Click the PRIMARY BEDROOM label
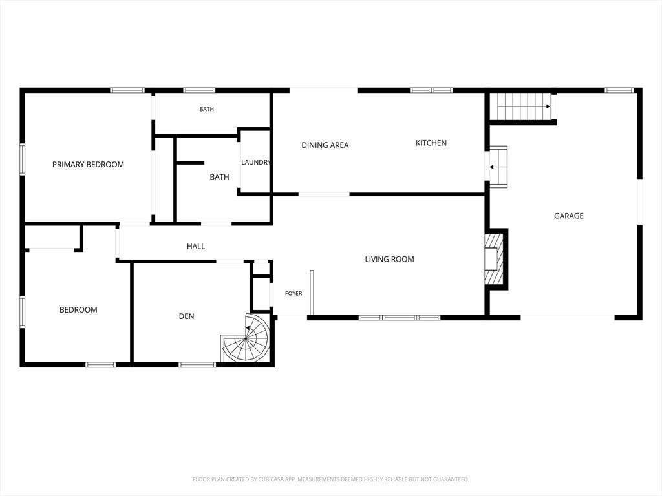[88, 165]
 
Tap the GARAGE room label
[569, 216]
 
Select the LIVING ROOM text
[389, 260]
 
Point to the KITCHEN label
[431, 143]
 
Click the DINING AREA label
[325, 145]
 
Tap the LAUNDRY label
[255, 162]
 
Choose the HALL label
[196, 246]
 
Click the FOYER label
[294, 294]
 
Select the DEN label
[187, 316]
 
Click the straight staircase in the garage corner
[524, 107]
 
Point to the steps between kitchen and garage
[498, 167]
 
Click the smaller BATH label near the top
[206, 109]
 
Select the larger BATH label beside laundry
[220, 177]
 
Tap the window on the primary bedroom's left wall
[23, 160]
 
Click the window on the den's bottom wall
[198, 364]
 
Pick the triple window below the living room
[400, 318]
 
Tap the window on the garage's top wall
[619, 90]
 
